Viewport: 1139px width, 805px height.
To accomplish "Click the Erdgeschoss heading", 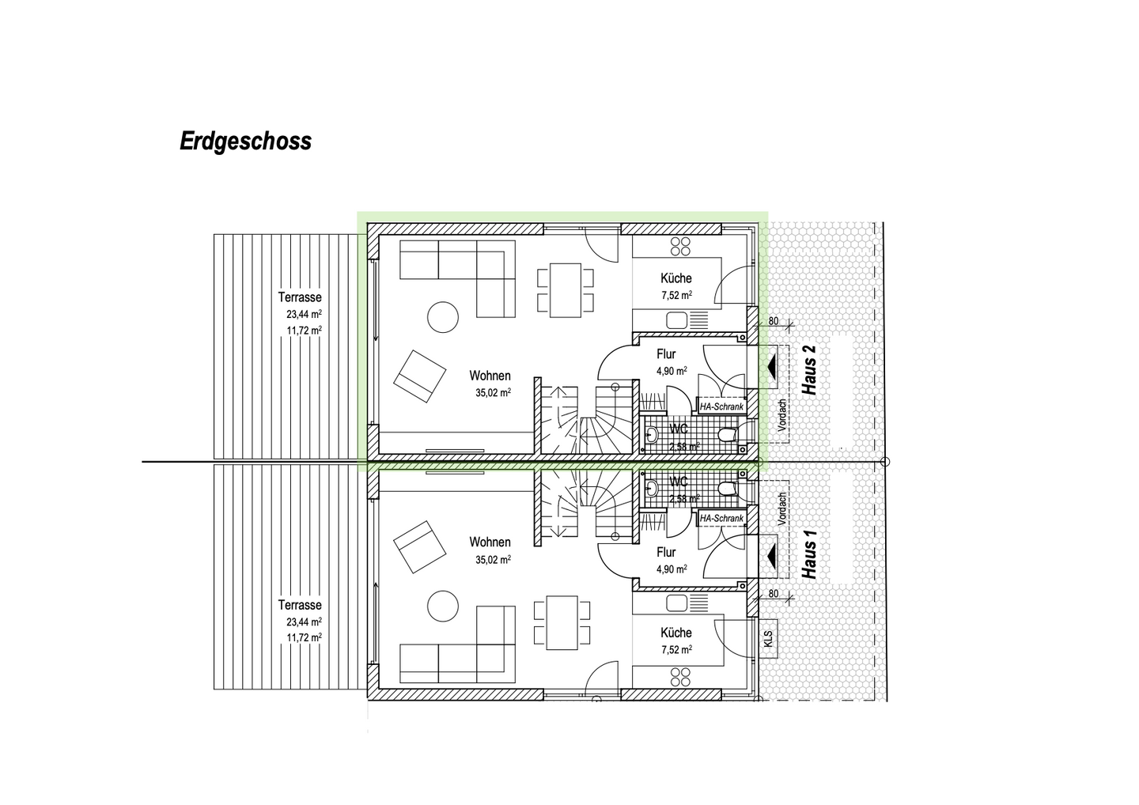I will (245, 142).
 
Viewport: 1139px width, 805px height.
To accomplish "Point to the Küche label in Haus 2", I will (676, 278).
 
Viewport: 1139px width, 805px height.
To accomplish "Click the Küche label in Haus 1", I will (676, 633).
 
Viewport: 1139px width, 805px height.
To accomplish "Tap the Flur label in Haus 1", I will (666, 553).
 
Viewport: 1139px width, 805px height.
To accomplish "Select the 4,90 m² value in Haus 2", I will (672, 370).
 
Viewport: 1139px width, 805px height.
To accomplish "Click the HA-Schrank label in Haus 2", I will (722, 407).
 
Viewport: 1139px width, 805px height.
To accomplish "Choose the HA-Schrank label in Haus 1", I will (722, 518).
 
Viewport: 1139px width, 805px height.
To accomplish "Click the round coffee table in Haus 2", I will (443, 318).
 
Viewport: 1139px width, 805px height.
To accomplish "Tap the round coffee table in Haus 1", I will (443, 607).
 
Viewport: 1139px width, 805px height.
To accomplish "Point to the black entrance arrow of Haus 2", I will (770, 367).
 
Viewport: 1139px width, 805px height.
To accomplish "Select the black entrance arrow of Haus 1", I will (770, 557).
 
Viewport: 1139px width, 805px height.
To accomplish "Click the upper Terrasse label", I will (300, 297).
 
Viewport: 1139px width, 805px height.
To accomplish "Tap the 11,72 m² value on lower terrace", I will (304, 637).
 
